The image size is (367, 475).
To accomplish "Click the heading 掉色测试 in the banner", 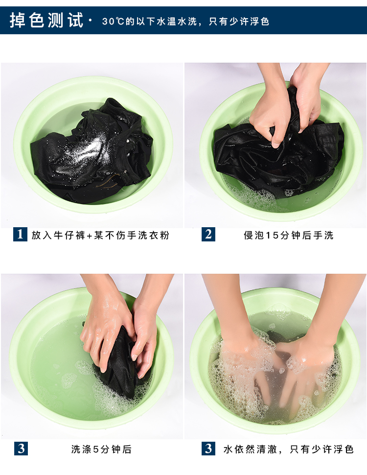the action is point(46,21).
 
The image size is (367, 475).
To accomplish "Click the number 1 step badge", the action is point(20,234).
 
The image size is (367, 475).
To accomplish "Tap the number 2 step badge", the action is point(208,234).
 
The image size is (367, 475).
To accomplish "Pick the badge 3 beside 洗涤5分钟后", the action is point(21,449).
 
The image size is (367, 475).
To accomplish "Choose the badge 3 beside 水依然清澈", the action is point(208,449).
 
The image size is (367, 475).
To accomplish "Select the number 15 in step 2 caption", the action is point(272,236).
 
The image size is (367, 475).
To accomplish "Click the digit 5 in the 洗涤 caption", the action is point(96,449).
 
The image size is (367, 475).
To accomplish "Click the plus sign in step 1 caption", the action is point(90,236).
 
